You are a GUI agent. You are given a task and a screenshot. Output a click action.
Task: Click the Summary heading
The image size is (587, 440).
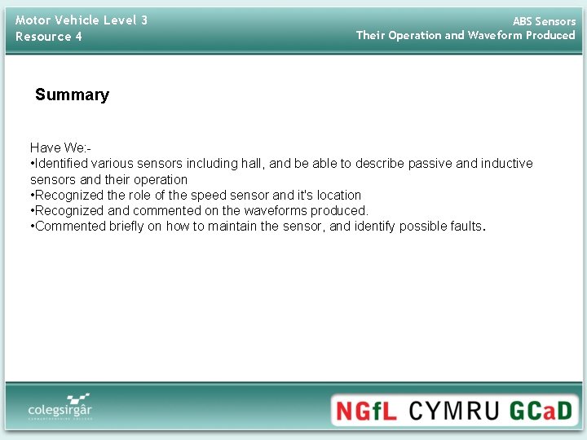[72, 95]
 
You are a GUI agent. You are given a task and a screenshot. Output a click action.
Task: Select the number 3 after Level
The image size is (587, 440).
[143, 20]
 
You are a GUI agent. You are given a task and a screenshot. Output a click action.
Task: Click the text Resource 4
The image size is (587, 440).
[49, 37]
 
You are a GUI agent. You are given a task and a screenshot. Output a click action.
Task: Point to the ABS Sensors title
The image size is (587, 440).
[544, 21]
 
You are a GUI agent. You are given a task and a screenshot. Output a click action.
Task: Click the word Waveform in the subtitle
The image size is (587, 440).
[495, 35]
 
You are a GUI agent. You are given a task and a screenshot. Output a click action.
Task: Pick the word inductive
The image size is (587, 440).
[506, 164]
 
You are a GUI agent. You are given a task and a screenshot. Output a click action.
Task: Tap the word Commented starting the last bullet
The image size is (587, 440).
[70, 227]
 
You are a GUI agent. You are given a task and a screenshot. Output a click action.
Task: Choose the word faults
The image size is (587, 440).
[466, 227]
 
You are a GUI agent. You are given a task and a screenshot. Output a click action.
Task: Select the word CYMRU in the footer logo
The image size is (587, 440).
[453, 409]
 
